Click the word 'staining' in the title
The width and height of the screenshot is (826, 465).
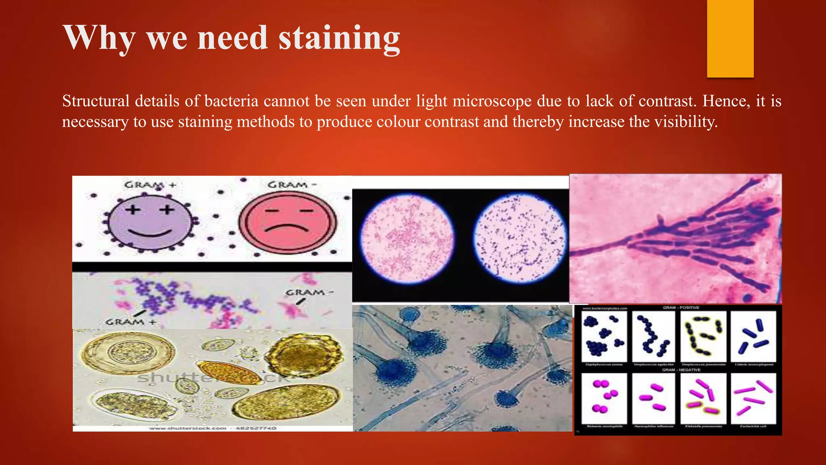(x=339, y=38)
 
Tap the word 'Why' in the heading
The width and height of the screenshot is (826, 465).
(x=99, y=38)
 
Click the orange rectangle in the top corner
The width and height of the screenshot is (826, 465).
(x=730, y=38)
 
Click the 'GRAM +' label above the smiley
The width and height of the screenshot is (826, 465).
(x=150, y=185)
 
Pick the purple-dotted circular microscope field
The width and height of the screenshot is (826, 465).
(x=520, y=238)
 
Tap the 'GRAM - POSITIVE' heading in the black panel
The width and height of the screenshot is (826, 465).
(x=681, y=308)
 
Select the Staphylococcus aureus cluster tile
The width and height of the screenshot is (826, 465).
(x=604, y=336)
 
